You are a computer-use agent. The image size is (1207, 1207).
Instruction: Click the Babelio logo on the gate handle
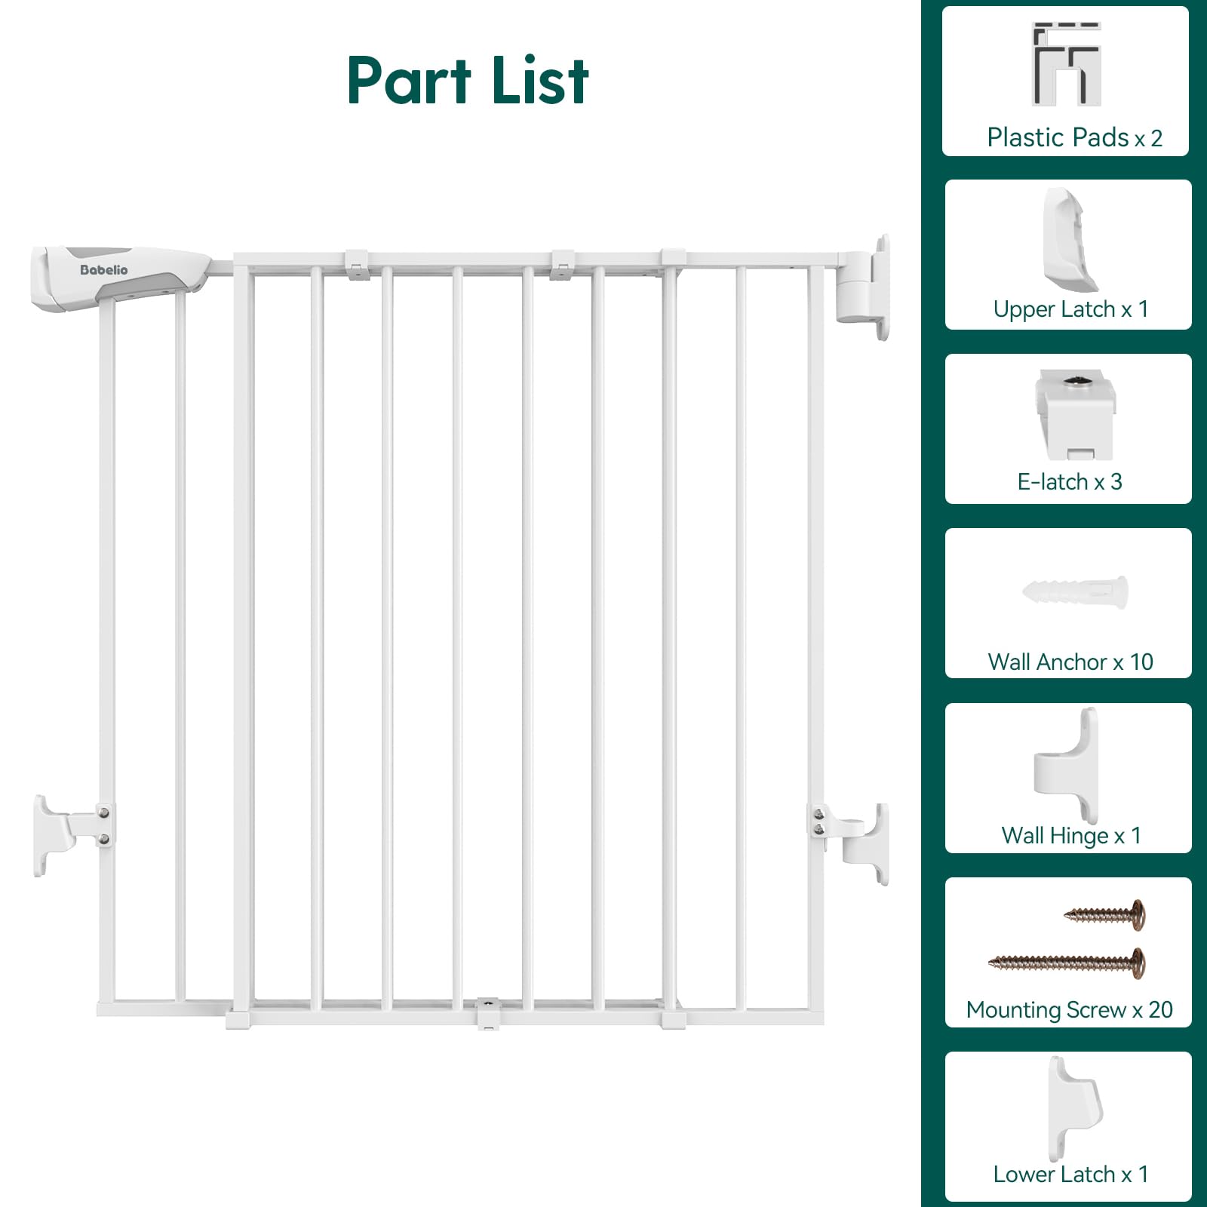104,270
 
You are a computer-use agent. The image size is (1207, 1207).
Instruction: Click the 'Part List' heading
468,81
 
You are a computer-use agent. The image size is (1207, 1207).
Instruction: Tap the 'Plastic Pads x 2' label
1074,137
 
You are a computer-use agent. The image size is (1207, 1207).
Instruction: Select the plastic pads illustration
1067,64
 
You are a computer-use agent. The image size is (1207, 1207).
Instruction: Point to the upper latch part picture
1069,240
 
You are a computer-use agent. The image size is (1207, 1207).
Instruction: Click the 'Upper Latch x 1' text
1070,309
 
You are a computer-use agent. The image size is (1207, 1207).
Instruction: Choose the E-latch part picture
1074,414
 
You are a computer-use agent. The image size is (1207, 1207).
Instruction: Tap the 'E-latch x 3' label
1070,481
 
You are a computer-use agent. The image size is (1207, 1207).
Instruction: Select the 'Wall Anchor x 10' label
1070,662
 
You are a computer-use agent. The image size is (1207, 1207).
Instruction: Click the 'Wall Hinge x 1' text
1070,835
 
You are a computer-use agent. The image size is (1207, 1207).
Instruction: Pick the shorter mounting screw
1105,914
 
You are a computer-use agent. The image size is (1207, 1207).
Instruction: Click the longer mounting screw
1067,963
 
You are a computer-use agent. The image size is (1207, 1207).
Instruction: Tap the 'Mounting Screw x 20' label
1069,1009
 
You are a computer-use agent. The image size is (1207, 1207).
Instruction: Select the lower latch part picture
1073,1108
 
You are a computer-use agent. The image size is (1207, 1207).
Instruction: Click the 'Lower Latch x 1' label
1070,1174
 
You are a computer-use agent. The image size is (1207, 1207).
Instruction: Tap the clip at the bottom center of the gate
488,1013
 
